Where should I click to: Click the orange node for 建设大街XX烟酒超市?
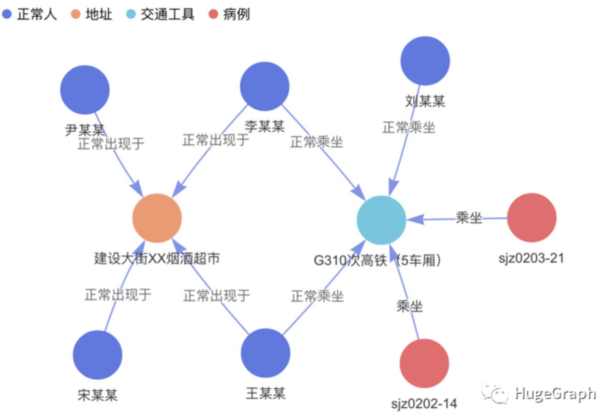[x=157, y=218]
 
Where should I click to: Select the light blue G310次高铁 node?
[x=381, y=220]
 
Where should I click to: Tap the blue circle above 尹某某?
[x=85, y=90]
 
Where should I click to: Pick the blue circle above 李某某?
[x=265, y=86]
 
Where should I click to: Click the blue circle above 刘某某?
[x=425, y=61]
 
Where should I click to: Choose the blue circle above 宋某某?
[x=98, y=355]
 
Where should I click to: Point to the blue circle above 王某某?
[x=265, y=353]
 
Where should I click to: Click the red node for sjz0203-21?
[x=531, y=218]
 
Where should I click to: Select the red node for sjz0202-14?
[x=424, y=363]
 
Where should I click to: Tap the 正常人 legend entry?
[x=30, y=14]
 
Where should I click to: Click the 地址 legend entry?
[x=92, y=14]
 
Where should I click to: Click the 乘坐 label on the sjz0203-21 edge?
[x=469, y=218]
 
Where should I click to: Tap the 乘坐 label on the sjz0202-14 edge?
[x=409, y=306]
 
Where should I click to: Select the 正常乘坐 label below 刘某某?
[x=409, y=127]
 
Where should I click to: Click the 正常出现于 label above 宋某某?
[x=118, y=294]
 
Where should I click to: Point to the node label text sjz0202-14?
[x=424, y=404]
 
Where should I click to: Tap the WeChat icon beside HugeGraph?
[x=495, y=394]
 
